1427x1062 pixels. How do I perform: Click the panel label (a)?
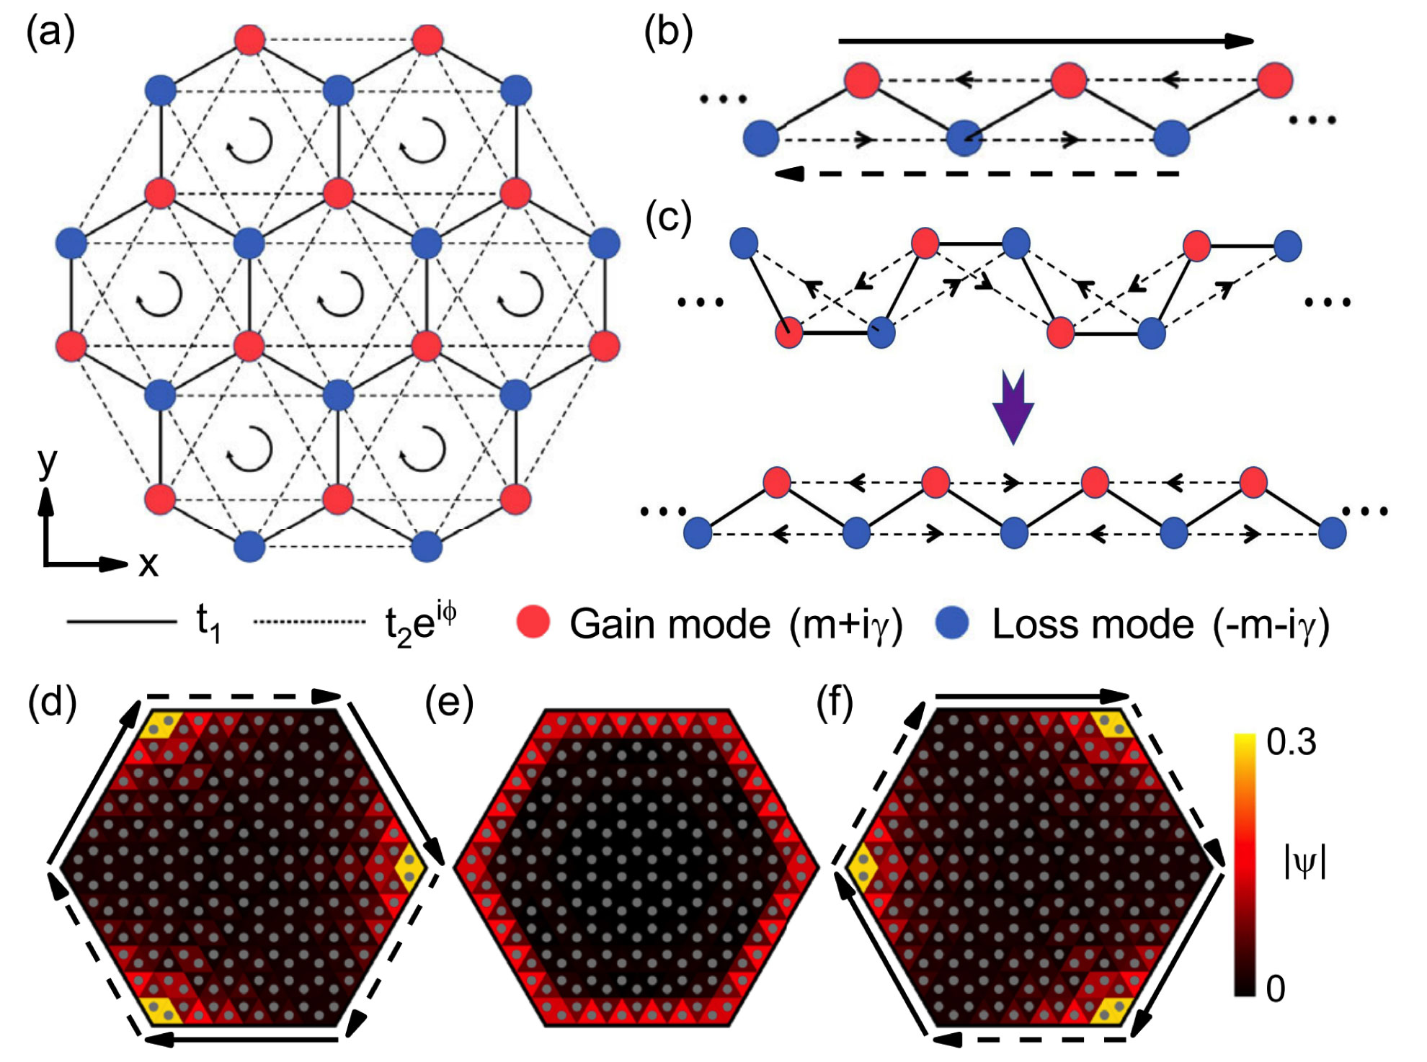pyautogui.click(x=50, y=33)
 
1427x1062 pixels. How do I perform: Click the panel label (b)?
pyautogui.click(x=668, y=33)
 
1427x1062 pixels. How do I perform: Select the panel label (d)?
pyautogui.click(x=52, y=702)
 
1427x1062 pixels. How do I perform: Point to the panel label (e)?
pyautogui.click(x=449, y=702)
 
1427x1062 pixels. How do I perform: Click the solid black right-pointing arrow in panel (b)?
pyautogui.click(x=1045, y=41)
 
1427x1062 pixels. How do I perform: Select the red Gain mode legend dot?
pyautogui.click(x=533, y=623)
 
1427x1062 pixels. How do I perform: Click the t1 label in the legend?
pyautogui.click(x=208, y=624)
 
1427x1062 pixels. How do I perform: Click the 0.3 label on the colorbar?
pyautogui.click(x=1292, y=742)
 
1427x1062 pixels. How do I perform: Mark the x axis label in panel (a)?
pyautogui.click(x=148, y=564)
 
